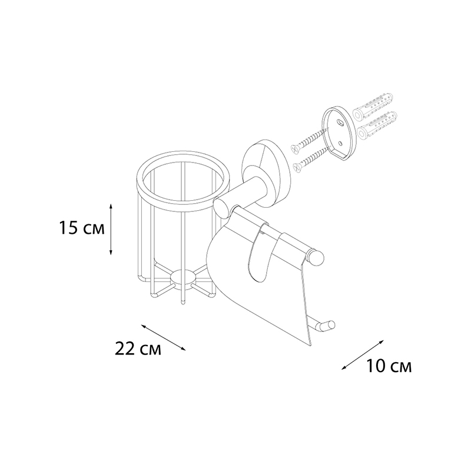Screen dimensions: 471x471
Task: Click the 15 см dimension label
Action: pyautogui.click(x=82, y=228)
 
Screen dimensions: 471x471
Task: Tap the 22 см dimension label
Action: pyautogui.click(x=138, y=349)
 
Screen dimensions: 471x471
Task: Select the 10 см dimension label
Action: pyautogui.click(x=389, y=366)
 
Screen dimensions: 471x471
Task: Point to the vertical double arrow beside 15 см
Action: pyautogui.click(x=111, y=230)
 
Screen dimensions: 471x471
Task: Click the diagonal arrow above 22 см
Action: pyautogui.click(x=164, y=337)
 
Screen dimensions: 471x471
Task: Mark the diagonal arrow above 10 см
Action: pyautogui.click(x=363, y=355)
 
